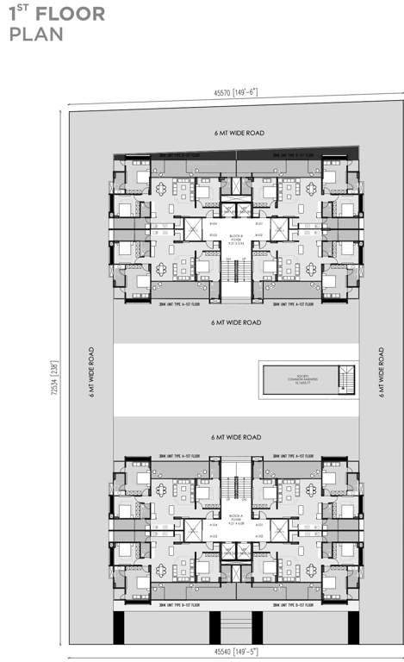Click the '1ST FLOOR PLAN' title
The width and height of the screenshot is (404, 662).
(57, 24)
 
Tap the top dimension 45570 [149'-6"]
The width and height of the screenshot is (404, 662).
(237, 92)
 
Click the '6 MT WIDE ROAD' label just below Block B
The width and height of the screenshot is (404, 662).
(237, 322)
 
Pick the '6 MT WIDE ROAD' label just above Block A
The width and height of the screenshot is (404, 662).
(237, 437)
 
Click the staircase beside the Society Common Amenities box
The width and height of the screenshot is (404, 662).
(346, 379)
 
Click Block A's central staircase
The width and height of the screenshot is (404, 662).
(235, 490)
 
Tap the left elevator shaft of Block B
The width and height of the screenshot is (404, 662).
(194, 230)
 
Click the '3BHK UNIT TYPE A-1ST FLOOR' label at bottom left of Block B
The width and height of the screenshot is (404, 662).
(179, 304)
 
